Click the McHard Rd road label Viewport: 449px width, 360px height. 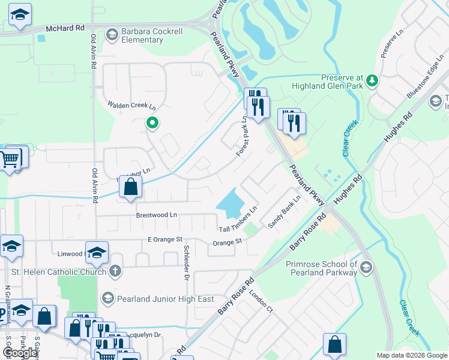click(65, 28)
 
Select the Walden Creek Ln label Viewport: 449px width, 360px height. click(131, 105)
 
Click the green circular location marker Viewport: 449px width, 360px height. click(152, 124)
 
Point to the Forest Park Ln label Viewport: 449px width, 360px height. click(243, 137)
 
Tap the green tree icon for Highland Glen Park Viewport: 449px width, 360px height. click(372, 80)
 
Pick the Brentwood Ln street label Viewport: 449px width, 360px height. click(157, 215)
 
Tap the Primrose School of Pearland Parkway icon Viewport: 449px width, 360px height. click(366, 268)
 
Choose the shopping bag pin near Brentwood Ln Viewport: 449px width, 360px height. click(130, 187)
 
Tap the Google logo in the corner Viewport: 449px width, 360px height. click(20, 353)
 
